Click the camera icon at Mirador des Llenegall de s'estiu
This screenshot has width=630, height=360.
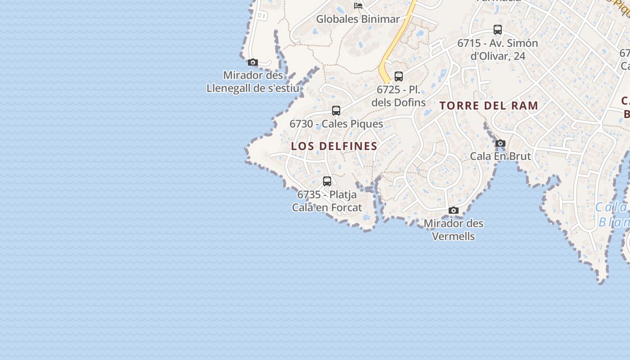click(253, 63)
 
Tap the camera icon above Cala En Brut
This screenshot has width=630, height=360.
click(500, 144)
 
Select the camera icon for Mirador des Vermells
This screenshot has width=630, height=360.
click(454, 210)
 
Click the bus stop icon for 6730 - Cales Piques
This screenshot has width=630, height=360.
click(336, 111)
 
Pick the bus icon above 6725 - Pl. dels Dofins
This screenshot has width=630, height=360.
click(399, 76)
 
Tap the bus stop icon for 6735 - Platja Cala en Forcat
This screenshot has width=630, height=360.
click(327, 181)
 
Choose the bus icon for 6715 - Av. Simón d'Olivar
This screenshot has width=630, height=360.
click(498, 30)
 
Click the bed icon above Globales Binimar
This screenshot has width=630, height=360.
click(358, 6)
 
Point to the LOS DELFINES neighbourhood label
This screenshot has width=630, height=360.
click(334, 146)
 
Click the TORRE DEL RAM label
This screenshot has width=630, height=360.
click(489, 106)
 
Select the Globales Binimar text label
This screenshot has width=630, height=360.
click(358, 19)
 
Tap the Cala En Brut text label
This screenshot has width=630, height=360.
click(500, 156)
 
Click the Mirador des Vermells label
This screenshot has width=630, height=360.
click(454, 229)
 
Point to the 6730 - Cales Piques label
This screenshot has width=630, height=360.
click(336, 124)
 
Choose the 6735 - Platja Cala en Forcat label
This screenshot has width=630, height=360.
click(327, 201)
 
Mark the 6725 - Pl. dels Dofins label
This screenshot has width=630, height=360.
click(399, 96)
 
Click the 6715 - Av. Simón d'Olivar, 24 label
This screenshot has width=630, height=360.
click(498, 49)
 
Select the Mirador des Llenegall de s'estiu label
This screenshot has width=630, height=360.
click(253, 81)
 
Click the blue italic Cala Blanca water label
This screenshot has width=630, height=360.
click(612, 214)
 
